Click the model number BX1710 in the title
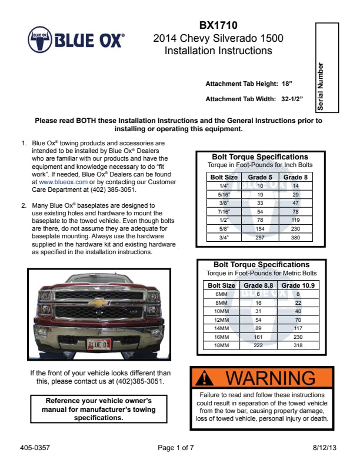click(218, 25)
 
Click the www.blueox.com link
click(63, 182)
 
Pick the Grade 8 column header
click(295, 177)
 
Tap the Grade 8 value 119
click(295, 220)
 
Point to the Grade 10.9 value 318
click(298, 345)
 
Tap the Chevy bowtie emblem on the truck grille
click(99, 302)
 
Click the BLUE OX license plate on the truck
click(98, 344)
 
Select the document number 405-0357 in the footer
click(35, 448)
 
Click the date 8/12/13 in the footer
click(325, 448)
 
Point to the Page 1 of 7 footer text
click(176, 448)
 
